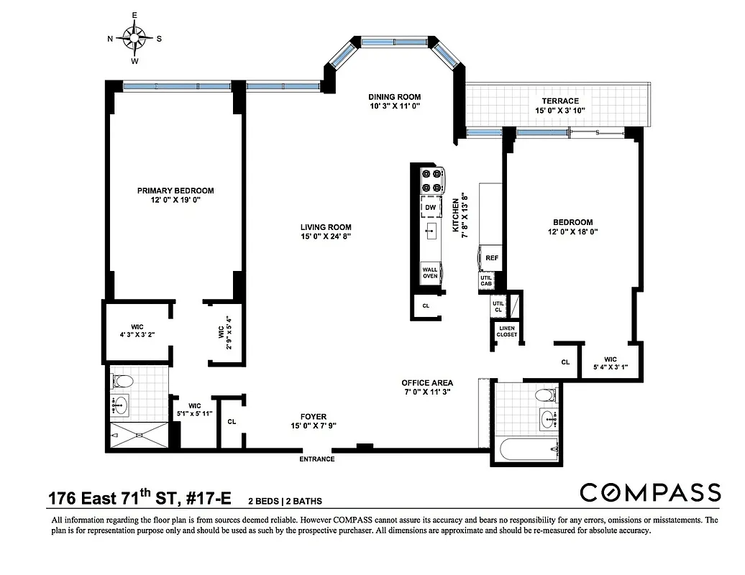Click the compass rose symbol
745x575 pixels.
click(134, 36)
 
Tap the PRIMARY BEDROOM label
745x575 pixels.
click(175, 190)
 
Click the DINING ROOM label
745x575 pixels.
click(394, 96)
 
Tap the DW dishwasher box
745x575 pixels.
click(431, 208)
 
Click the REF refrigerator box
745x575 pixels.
click(492, 257)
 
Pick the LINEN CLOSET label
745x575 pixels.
click(507, 331)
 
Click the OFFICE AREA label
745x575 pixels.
click(427, 382)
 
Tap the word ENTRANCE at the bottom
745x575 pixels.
click(317, 459)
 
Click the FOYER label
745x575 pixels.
click(314, 416)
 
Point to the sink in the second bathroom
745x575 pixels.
click(548, 419)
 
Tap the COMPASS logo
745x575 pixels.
click(650, 492)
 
